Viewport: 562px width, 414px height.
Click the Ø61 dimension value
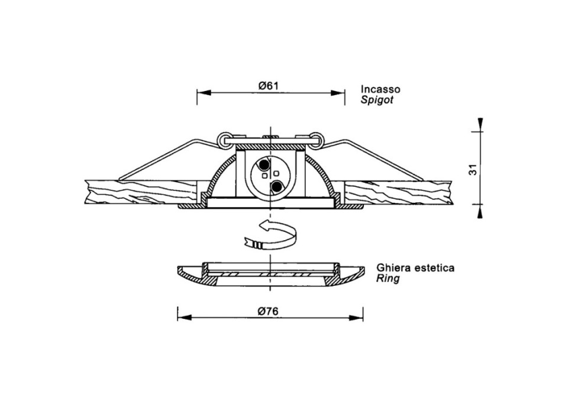click(268, 86)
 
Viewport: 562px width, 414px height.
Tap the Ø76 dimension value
click(268, 312)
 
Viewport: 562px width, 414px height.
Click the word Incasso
click(380, 89)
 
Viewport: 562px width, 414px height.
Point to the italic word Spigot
click(377, 99)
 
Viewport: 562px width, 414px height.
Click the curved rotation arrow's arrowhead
click(264, 225)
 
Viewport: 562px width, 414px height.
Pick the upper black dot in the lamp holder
click(264, 164)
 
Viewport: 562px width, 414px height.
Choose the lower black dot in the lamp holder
click(276, 186)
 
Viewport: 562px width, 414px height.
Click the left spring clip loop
click(224, 139)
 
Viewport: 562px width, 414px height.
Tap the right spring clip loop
click(316, 139)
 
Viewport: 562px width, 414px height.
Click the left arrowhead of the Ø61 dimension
click(204, 93)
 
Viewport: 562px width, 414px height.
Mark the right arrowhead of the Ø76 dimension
click(356, 318)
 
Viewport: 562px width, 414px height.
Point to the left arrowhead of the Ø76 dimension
click(184, 318)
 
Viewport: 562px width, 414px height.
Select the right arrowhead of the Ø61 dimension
click(338, 93)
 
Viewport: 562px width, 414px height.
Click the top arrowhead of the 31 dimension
click(480, 125)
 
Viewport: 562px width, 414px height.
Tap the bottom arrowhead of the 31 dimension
click(480, 212)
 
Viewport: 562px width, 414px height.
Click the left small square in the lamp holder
click(264, 176)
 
